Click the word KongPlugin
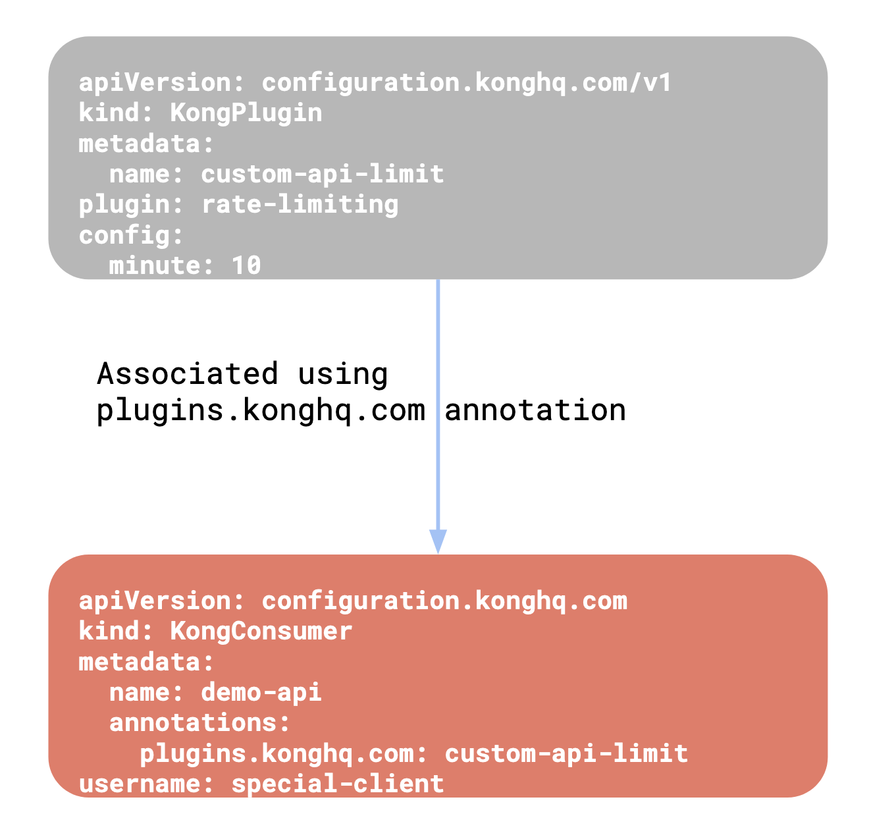point(246,113)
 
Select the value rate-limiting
point(300,204)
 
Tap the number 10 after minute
point(246,265)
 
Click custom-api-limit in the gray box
point(322,174)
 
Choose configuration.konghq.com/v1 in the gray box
point(467,83)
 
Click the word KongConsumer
point(261,632)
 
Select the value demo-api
point(261,692)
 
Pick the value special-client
point(338,784)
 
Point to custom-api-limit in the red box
point(566,753)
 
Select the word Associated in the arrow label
point(188,374)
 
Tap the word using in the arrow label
point(342,374)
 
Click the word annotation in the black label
point(535,410)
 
